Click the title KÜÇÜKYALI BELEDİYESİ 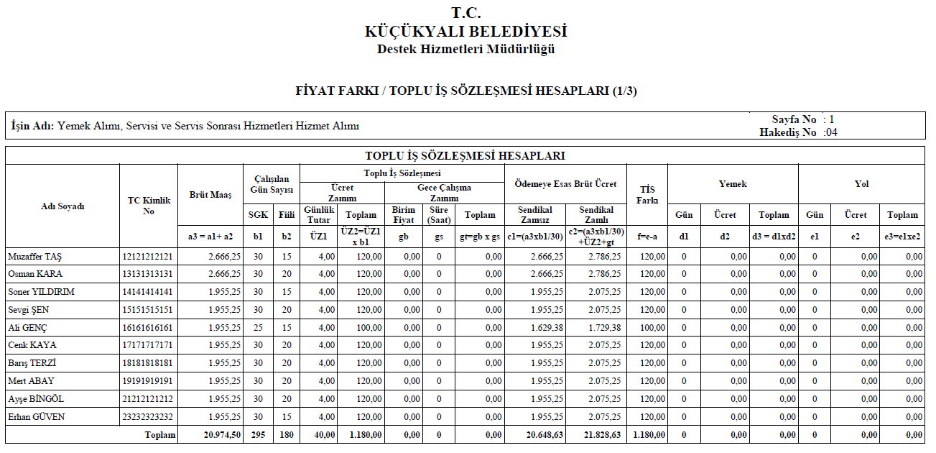[x=466, y=32]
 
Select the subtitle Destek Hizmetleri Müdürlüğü [x=466, y=50]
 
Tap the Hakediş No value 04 [x=830, y=132]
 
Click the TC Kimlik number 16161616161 [x=148, y=328]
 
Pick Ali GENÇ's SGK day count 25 [x=258, y=328]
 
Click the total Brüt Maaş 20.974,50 [x=222, y=435]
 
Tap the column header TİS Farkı [x=647, y=195]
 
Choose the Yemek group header [x=733, y=184]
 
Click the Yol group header [x=861, y=184]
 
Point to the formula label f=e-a [x=647, y=235]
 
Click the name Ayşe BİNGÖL [x=36, y=399]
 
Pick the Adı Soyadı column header [x=62, y=206]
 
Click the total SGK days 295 [x=258, y=435]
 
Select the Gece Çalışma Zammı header [x=445, y=193]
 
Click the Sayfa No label [x=794, y=119]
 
